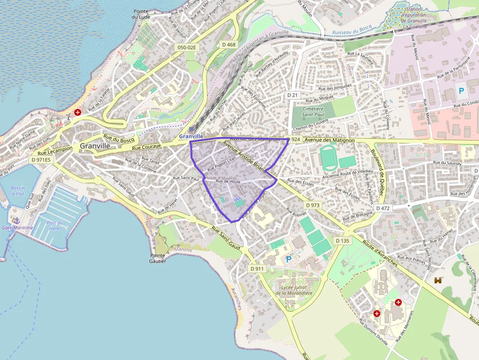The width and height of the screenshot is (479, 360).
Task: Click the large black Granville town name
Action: pos(95,146)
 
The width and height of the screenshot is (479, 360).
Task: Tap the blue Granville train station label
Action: pos(191,136)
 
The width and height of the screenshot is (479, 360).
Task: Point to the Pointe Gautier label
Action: pos(158,258)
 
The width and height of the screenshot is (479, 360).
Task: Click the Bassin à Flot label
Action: pos(18,191)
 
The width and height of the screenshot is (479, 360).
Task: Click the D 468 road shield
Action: pos(228,44)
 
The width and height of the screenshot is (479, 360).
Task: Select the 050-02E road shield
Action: pos(186,47)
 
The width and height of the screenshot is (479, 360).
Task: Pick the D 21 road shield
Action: pos(292,94)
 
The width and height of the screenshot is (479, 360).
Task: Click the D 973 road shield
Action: pos(312,205)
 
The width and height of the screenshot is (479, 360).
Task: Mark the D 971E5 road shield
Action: pos(41,159)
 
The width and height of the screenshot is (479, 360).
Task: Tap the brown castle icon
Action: pos(438,280)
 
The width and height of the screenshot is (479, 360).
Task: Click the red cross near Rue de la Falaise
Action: pos(78,112)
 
